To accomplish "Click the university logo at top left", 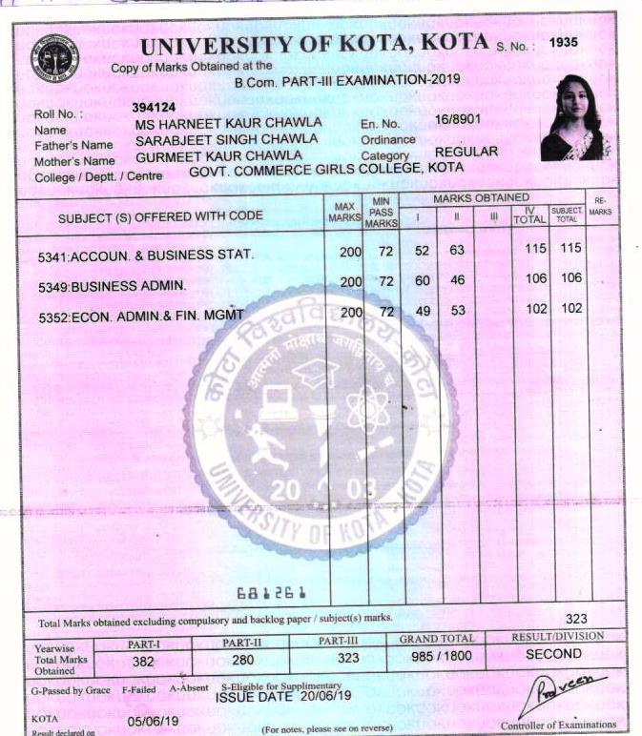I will coord(54,56).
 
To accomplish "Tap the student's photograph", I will coord(575,118).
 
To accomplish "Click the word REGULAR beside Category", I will coord(466,152).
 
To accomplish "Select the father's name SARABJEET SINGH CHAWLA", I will coord(226,138).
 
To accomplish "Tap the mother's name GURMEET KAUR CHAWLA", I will coord(218,154).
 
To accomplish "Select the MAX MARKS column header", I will coord(343,212).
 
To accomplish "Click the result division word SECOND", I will coord(553,654).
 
